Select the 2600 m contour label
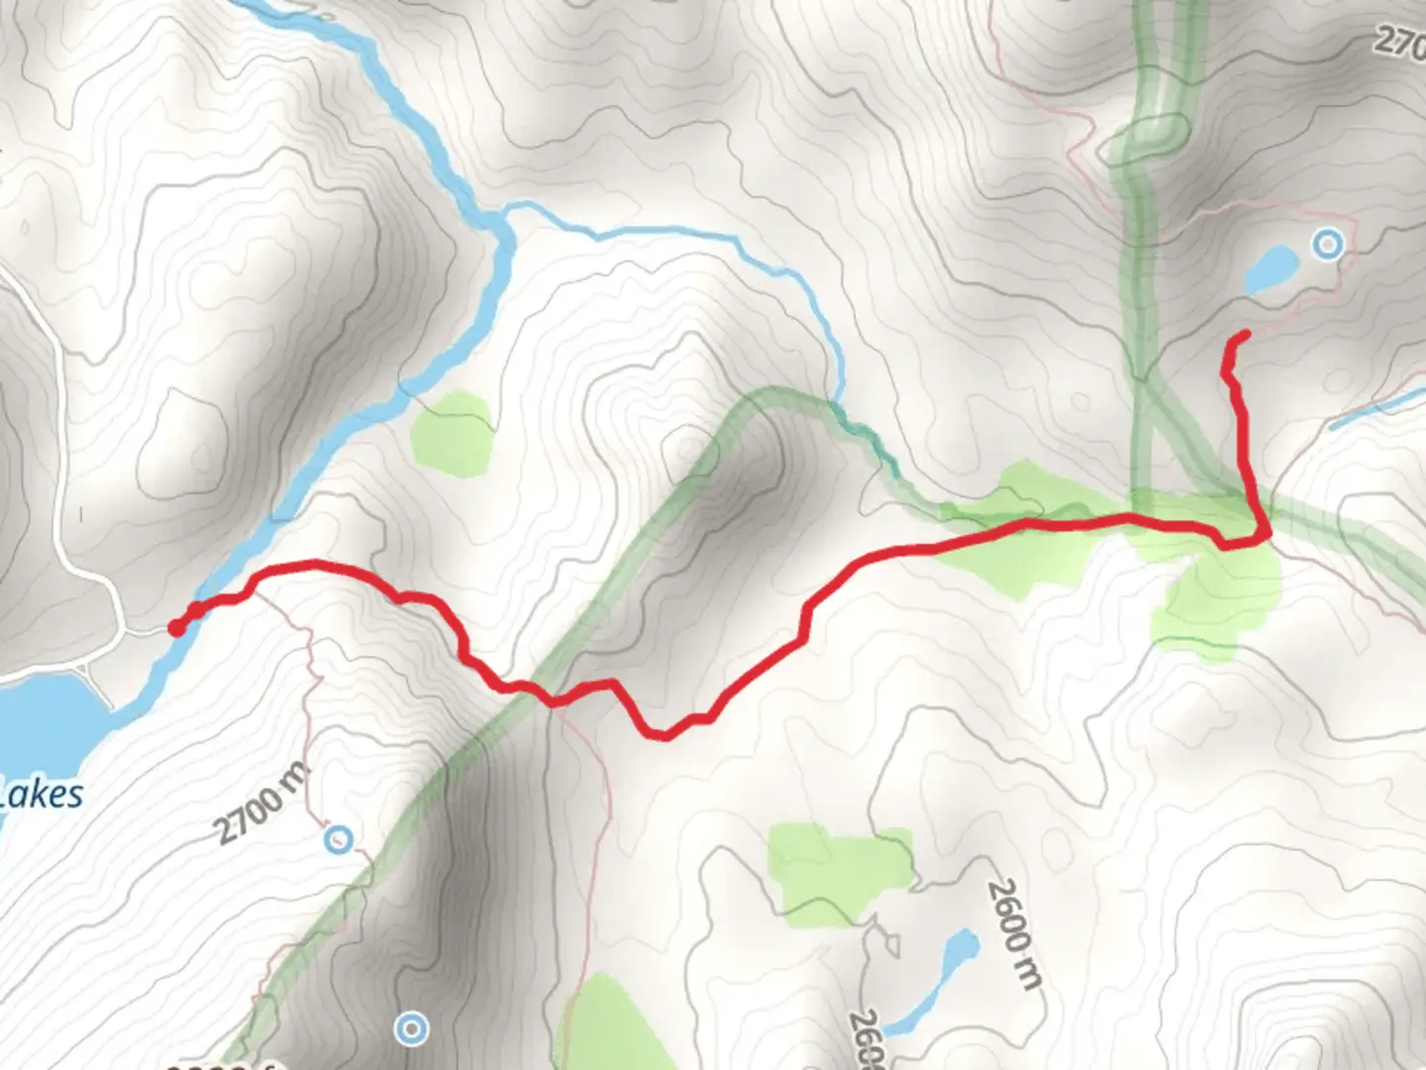click(x=1016, y=934)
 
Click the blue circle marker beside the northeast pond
click(x=1327, y=244)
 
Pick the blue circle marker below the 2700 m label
click(x=339, y=841)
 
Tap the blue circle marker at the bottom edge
click(x=411, y=1028)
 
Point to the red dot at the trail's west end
click(x=176, y=627)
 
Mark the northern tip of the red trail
click(x=1244, y=335)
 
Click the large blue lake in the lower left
click(x=45, y=713)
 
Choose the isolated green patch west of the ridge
click(x=453, y=433)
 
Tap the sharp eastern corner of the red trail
click(x=1266, y=535)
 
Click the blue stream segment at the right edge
click(x=1376, y=408)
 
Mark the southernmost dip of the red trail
click(x=664, y=735)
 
